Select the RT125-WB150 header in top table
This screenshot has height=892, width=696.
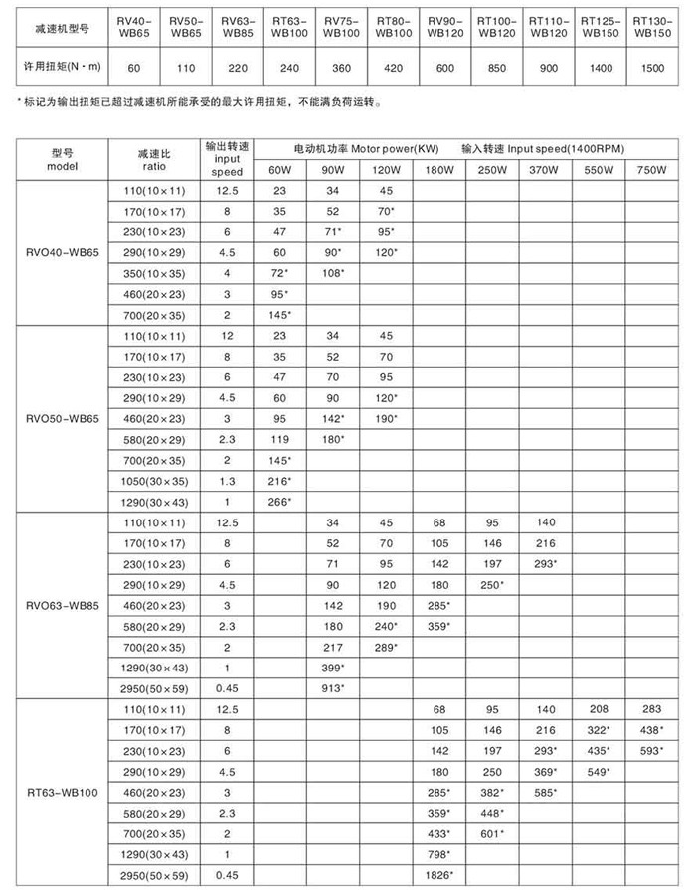(599, 26)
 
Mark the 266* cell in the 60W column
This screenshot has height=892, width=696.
(280, 502)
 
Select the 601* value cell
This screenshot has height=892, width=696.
(491, 832)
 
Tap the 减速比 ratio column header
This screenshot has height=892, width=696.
(154, 160)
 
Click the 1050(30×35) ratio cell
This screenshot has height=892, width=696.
(154, 481)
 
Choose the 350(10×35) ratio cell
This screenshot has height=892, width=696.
(154, 273)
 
